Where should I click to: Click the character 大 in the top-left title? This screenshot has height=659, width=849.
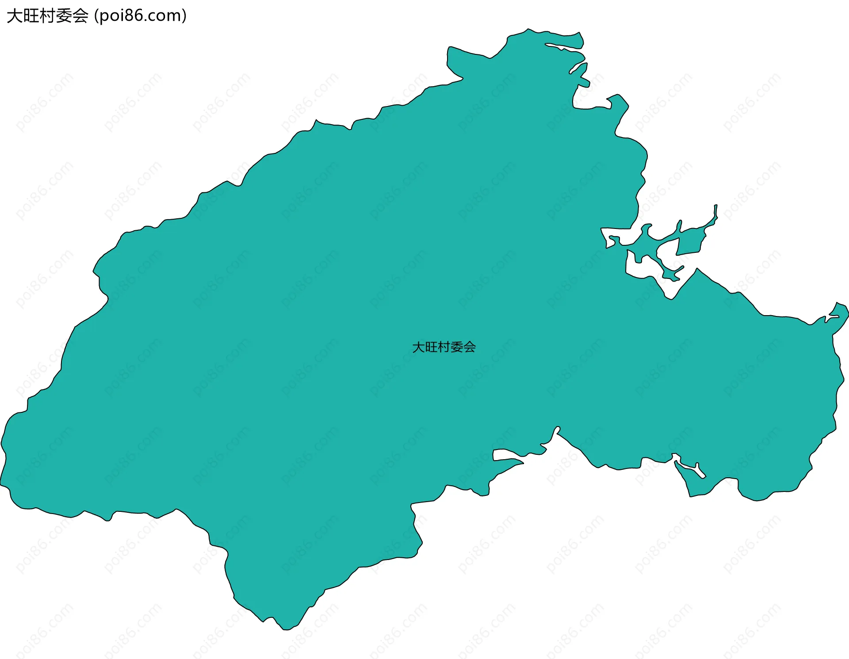coord(15,16)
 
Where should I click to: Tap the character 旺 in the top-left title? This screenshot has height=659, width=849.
coord(31,16)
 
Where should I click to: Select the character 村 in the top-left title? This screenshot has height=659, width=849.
coord(48,16)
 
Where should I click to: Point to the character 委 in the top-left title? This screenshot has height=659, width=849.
coord(64,16)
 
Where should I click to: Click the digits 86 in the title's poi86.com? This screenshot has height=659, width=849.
coord(130,16)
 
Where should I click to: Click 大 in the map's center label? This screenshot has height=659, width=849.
coord(418,347)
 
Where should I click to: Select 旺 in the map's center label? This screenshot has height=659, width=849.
coord(431,347)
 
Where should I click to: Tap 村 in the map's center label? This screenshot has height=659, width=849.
coord(444,347)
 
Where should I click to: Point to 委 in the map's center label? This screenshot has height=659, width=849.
coord(457,347)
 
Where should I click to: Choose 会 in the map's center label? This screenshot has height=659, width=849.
coord(470,347)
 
